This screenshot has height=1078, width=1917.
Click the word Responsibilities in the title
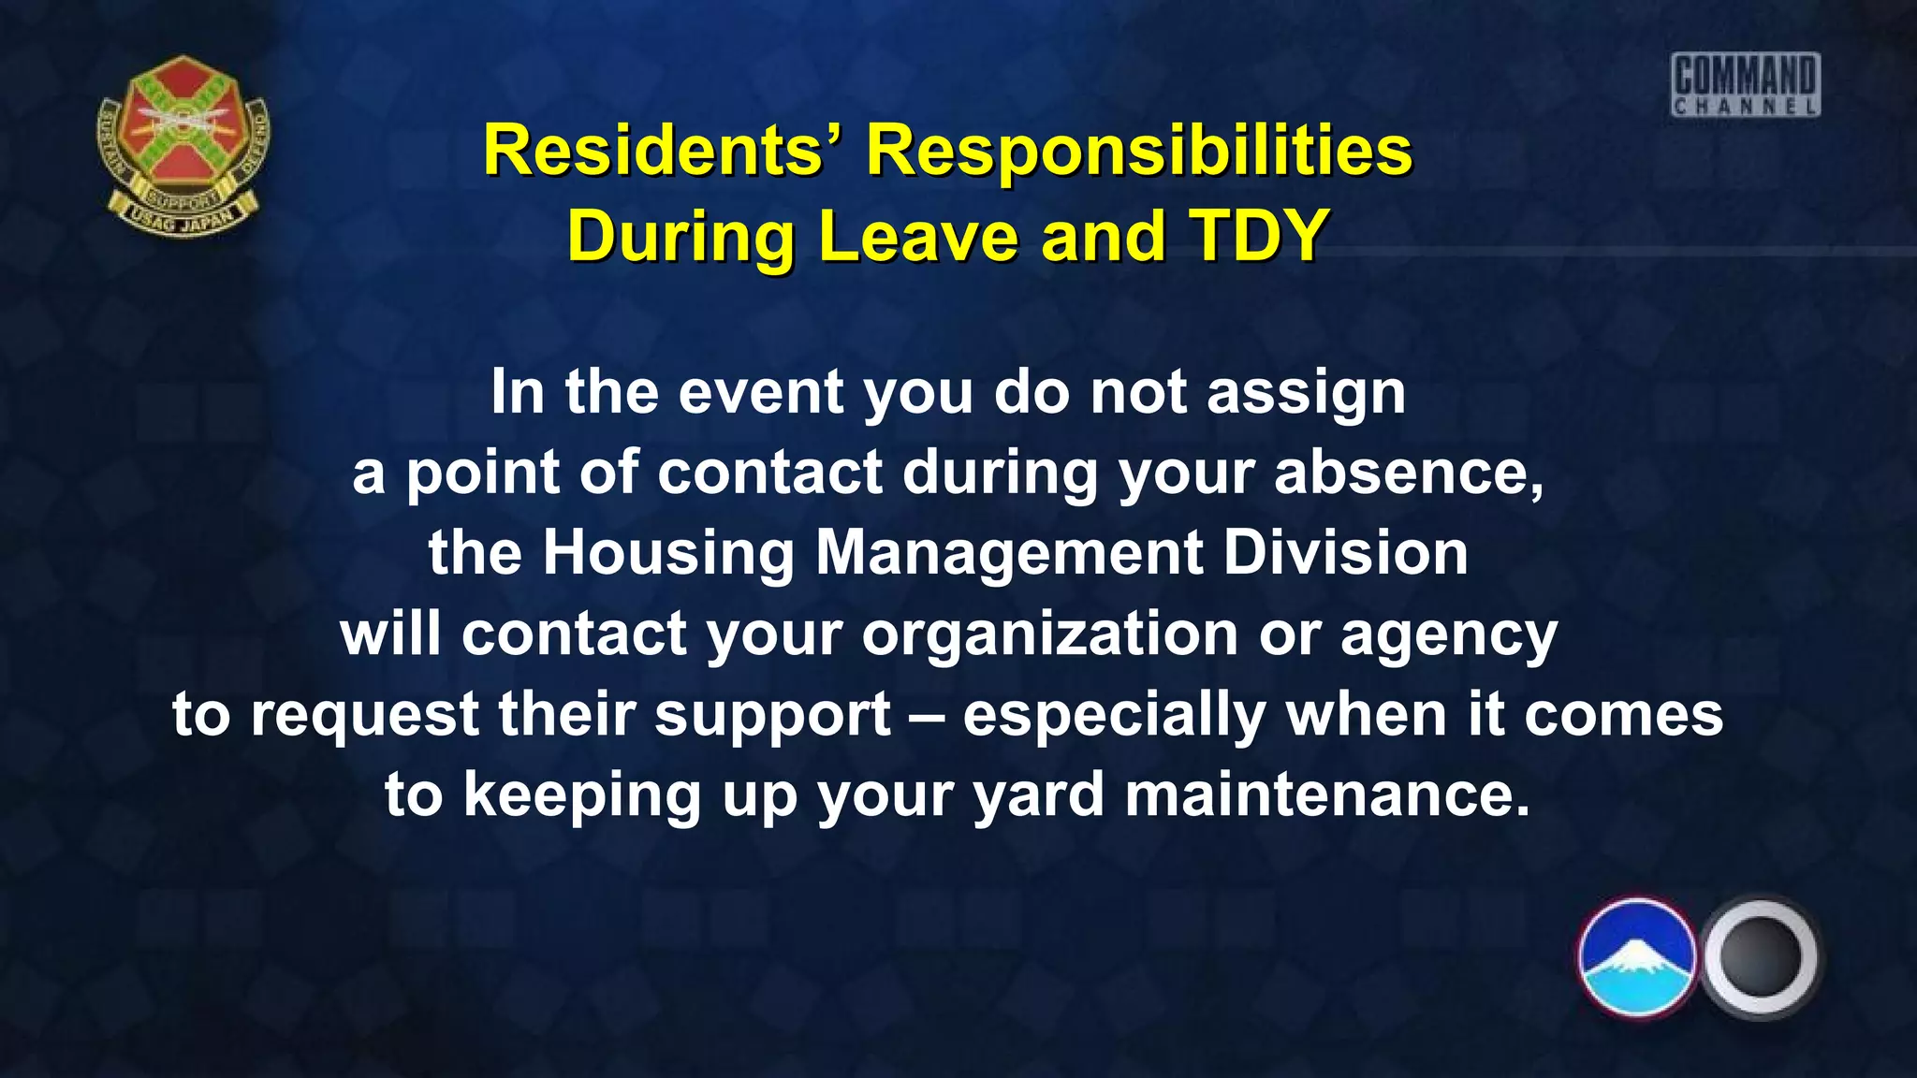point(1138,152)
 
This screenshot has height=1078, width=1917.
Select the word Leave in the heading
point(919,236)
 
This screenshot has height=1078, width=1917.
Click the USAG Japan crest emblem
point(183,145)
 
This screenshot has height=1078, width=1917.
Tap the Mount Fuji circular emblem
point(1637,957)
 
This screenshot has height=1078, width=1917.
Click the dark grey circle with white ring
point(1760,957)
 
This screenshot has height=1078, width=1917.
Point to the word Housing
point(668,553)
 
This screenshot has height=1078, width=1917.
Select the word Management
point(1009,553)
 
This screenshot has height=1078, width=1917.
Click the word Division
point(1345,553)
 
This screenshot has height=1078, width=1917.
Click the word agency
point(1448,634)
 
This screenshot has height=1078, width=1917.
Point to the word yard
point(1039,796)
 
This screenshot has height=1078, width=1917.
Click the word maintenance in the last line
point(1326,796)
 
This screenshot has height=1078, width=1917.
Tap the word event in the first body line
point(761,392)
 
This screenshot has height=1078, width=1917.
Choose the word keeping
point(581,796)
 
